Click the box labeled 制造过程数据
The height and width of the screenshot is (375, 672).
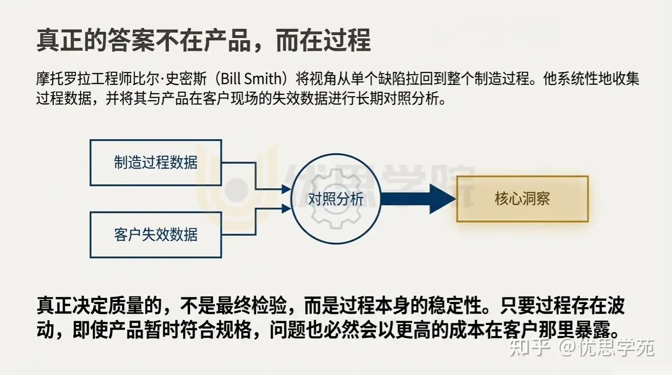[x=156, y=163]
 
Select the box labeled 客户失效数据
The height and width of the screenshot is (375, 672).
[x=156, y=235]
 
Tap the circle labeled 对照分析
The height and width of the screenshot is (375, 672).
[x=336, y=199]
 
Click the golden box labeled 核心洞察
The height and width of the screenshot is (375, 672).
[x=522, y=199]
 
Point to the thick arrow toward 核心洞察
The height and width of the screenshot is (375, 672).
[x=418, y=199]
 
